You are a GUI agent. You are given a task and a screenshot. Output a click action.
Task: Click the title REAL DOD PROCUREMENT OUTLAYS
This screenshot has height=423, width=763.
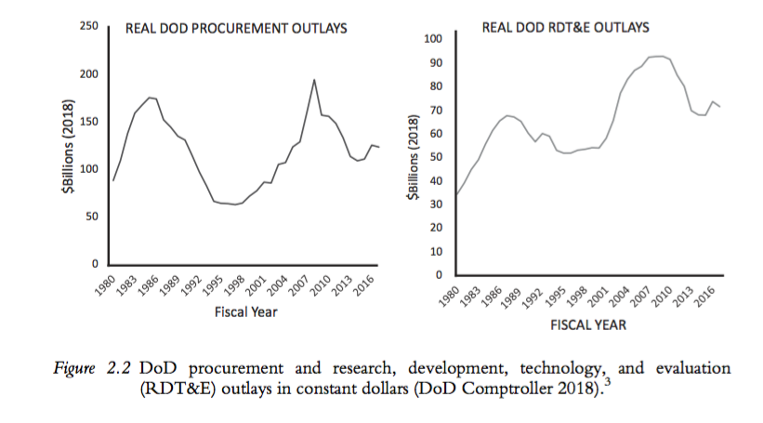(x=236, y=29)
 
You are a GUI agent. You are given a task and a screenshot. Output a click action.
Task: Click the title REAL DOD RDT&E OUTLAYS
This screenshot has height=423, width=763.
(x=565, y=28)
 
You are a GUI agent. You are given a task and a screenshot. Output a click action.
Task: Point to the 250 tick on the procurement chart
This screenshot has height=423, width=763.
(x=88, y=26)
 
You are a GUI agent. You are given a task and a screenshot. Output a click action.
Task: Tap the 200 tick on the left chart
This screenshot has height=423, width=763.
(x=88, y=74)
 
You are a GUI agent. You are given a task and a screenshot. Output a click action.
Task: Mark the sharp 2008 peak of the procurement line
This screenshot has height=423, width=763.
(x=314, y=80)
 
